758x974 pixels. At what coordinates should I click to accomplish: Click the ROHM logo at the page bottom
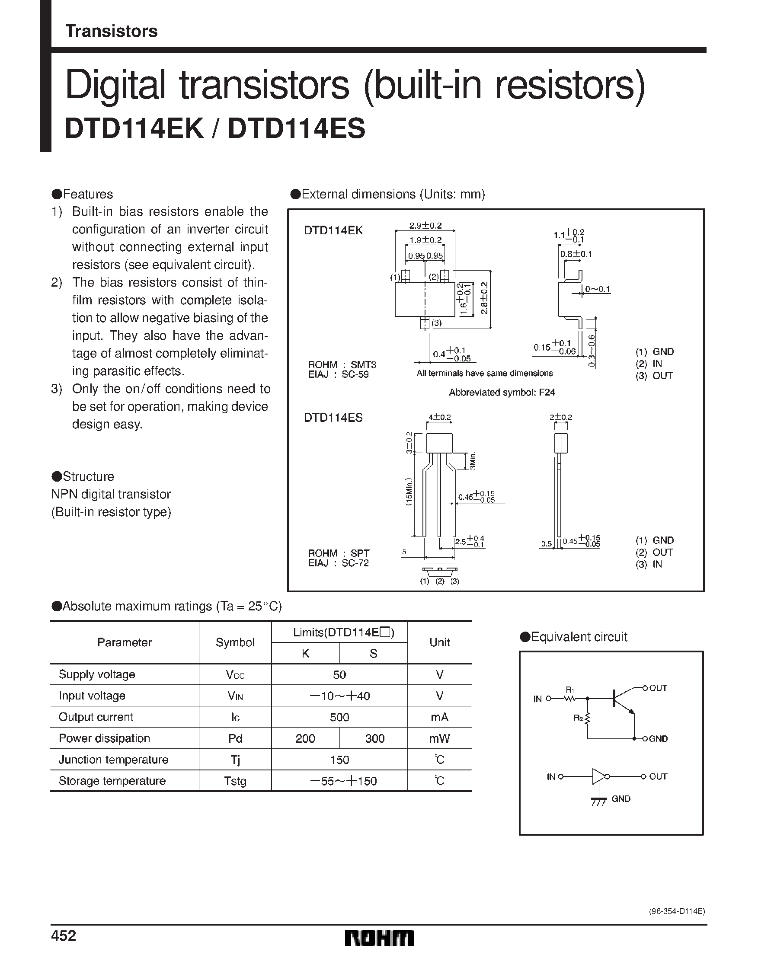[379, 938]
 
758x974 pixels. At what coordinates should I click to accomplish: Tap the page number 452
[64, 935]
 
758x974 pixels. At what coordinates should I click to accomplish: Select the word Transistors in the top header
[111, 31]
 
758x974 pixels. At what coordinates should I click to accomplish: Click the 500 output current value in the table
[339, 717]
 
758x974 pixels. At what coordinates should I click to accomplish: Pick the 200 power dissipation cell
[305, 738]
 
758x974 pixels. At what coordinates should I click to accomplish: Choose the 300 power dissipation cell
[374, 738]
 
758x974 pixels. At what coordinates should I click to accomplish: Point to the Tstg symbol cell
[235, 781]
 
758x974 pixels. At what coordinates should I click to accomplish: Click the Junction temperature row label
[113, 760]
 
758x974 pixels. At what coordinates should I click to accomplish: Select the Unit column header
[439, 642]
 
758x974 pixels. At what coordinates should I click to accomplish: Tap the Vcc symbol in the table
[235, 675]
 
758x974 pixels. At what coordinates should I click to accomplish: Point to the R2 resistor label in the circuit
[578, 718]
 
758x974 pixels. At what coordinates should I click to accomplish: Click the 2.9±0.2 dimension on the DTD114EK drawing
[425, 226]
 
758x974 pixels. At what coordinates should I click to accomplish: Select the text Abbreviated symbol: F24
[502, 393]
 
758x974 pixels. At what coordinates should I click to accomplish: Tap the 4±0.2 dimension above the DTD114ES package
[439, 417]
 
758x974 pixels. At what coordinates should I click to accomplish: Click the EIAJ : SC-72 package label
[338, 563]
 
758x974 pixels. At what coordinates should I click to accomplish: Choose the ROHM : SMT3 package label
[342, 364]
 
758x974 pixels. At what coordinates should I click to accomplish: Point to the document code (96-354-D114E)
[676, 912]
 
